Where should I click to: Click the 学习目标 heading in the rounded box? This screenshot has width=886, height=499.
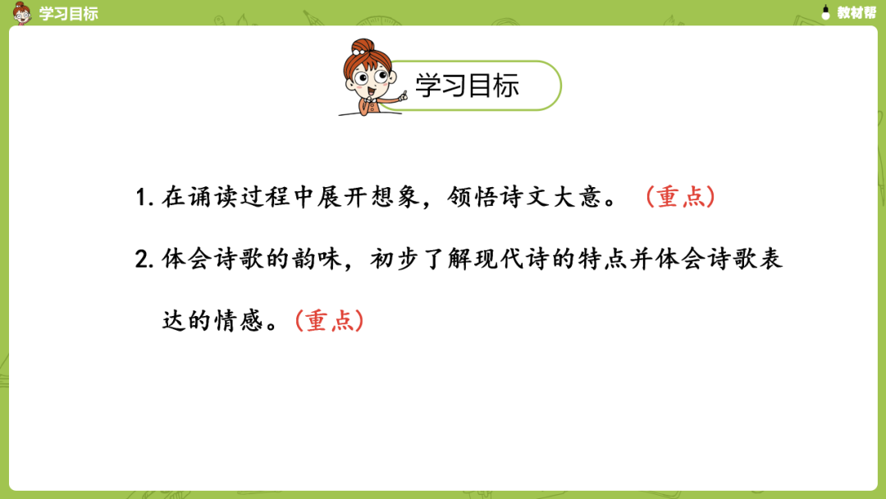coord(467,85)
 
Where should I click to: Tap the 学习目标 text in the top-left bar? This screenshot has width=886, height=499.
coord(68,13)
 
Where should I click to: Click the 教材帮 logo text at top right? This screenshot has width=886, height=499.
coord(856,12)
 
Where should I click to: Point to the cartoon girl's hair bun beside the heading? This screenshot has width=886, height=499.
coord(363,46)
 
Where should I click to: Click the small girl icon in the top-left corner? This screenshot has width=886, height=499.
coord(22,13)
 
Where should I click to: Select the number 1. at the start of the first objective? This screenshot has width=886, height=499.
coord(144,198)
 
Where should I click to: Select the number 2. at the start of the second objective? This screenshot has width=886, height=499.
coord(144,260)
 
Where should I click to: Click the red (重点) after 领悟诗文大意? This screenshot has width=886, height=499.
coord(680,197)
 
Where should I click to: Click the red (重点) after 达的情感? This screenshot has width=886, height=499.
coord(329,320)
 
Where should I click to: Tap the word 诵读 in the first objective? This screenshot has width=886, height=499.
coord(214,197)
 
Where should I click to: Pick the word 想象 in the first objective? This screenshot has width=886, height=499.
coord(395,197)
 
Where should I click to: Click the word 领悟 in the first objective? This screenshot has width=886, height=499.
coord(473,197)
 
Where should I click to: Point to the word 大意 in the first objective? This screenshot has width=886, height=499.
coord(578,197)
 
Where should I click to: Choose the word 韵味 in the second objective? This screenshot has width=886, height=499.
coord(318,259)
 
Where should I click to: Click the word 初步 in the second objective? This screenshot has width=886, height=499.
coord(396,259)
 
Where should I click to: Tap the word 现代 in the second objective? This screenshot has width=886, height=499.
coord(500,259)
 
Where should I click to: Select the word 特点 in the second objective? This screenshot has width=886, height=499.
coord(604,259)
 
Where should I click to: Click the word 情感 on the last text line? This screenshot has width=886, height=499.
coord(240,320)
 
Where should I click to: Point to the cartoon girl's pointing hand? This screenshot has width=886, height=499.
coord(402,97)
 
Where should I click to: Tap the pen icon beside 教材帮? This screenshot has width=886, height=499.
coord(825,12)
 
